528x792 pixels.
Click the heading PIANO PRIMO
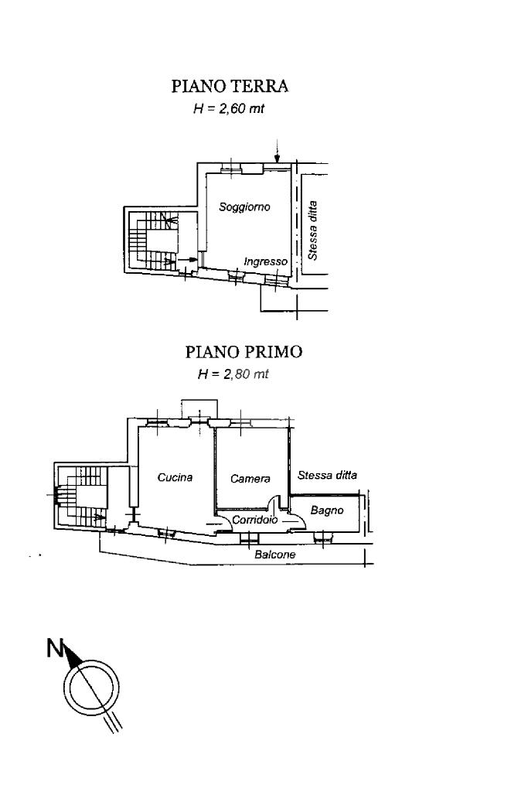[x=244, y=352]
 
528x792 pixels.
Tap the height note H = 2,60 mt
[x=228, y=109]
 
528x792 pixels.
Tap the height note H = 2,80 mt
[x=233, y=374]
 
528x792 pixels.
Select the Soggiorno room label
[x=244, y=207]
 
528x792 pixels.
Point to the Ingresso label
[x=265, y=262]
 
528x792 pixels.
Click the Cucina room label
[x=175, y=477]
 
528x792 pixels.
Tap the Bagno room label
[x=326, y=510]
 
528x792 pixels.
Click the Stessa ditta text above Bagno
[x=327, y=476]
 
